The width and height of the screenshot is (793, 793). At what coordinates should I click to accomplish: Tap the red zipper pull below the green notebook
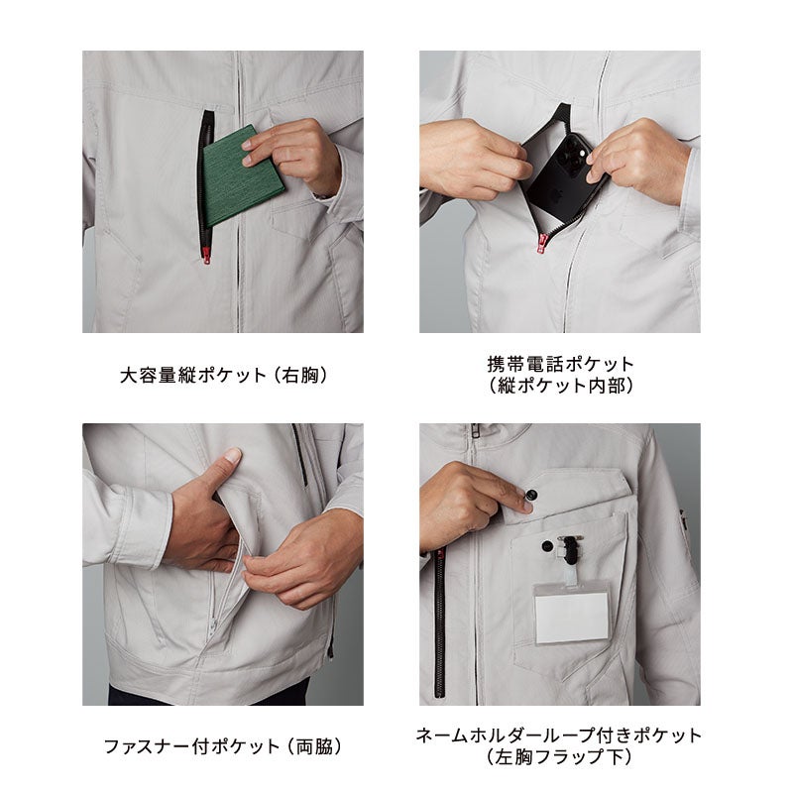(x=206, y=256)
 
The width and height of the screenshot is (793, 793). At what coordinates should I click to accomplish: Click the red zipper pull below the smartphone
(x=542, y=242)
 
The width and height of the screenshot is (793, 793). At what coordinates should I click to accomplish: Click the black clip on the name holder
(x=570, y=549)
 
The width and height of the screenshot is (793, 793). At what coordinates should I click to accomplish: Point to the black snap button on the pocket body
(x=547, y=546)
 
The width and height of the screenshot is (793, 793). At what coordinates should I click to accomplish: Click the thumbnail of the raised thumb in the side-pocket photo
(x=233, y=454)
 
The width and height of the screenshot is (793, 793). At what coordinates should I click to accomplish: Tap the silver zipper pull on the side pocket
(x=213, y=625)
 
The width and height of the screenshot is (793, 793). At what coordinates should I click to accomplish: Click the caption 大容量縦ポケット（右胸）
(x=223, y=376)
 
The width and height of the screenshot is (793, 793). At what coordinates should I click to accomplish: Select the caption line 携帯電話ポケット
(x=560, y=364)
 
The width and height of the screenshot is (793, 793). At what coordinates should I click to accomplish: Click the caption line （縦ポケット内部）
(x=560, y=386)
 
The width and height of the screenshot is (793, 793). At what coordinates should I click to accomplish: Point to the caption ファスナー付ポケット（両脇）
(x=223, y=746)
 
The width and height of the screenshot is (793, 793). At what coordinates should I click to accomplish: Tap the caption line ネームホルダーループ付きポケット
(x=559, y=736)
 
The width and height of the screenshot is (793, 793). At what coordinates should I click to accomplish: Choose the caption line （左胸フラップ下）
(x=559, y=757)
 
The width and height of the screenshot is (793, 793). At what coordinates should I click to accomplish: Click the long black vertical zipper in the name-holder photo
(x=440, y=623)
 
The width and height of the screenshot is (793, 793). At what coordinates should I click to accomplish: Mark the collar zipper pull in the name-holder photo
(x=475, y=432)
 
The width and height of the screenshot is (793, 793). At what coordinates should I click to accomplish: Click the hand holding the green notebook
(x=293, y=154)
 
